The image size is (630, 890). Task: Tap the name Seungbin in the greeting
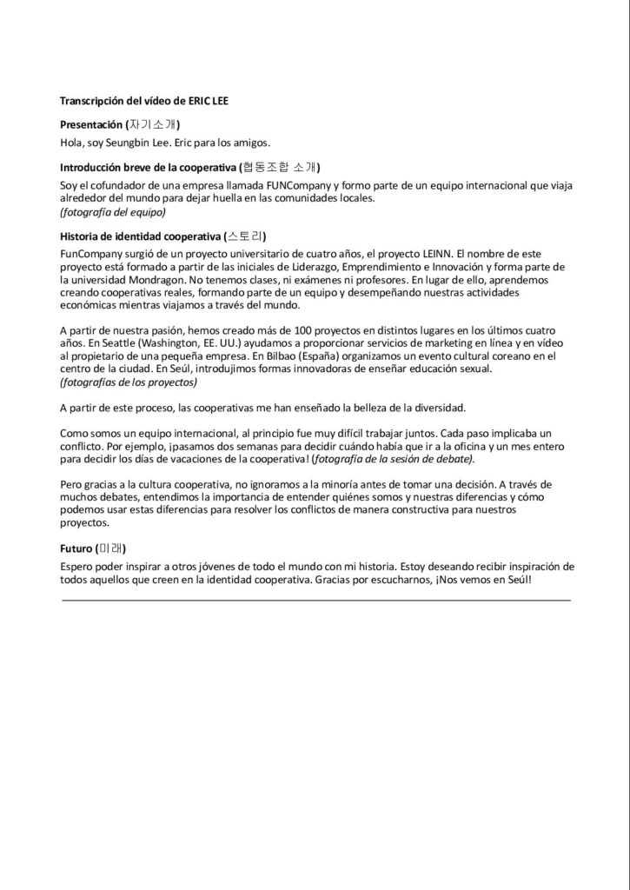(x=129, y=143)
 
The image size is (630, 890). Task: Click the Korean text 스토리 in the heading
(x=245, y=236)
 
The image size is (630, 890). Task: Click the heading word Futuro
(x=77, y=548)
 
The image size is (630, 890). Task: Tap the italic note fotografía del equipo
(x=112, y=211)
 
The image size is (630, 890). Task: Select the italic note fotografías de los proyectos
(x=128, y=382)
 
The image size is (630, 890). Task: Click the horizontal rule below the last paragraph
(x=316, y=600)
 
